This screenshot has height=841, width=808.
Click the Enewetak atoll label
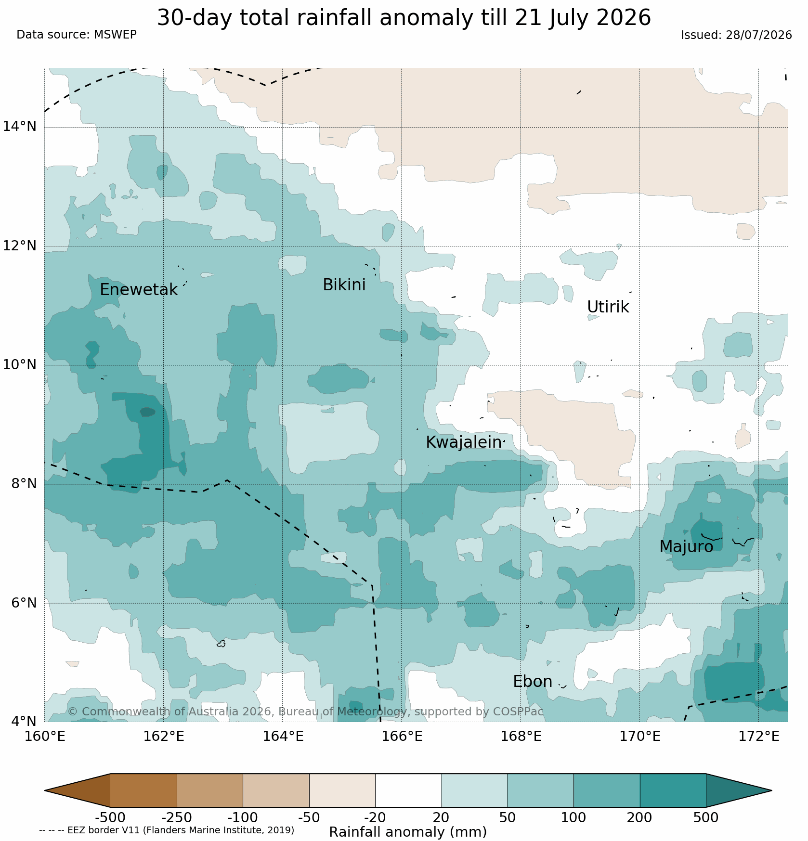coord(139,290)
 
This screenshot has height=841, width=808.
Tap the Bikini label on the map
coord(344,285)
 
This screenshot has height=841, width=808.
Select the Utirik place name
coord(608,307)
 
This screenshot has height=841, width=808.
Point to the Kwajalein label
coord(464,442)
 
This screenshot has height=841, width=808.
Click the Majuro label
coord(686,547)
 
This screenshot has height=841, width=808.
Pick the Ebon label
coord(533,682)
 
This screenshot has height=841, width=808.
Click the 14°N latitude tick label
coord(20,127)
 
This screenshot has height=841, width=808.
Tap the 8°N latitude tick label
coord(23,483)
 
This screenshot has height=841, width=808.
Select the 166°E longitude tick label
coord(402,737)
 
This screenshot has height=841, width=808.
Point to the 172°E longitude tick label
coord(759,737)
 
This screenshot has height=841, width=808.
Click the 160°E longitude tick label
coord(45,737)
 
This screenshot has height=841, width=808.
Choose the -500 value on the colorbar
coord(110,817)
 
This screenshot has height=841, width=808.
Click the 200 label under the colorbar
coord(640,817)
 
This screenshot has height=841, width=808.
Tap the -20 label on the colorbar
coord(375,817)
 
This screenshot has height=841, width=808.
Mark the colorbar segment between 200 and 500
coord(673,790)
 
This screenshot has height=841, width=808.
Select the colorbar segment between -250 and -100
coord(210,790)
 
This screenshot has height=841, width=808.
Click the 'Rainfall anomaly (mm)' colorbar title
coord(408,832)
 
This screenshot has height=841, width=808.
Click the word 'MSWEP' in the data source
coord(115,35)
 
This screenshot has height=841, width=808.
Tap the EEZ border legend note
coord(167,830)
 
